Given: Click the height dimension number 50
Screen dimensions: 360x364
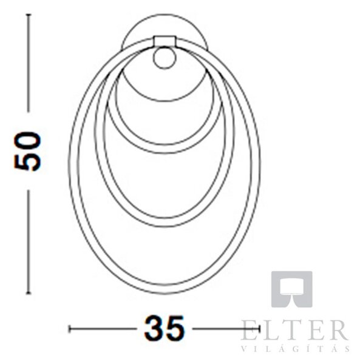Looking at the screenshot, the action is pos(28,151).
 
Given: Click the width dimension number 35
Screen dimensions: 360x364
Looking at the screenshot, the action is pos(165,328).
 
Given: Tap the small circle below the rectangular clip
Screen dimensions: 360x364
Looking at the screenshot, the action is pos(165,58).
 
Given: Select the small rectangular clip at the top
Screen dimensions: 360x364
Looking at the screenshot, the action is pos(165,41).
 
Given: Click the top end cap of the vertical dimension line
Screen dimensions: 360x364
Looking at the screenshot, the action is pos(29,15).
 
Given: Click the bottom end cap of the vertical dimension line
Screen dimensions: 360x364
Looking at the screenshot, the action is pos(29,293).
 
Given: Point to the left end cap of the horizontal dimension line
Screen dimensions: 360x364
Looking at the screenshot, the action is pos(69,329).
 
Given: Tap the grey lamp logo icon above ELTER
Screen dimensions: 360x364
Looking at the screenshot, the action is pos(292,289).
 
